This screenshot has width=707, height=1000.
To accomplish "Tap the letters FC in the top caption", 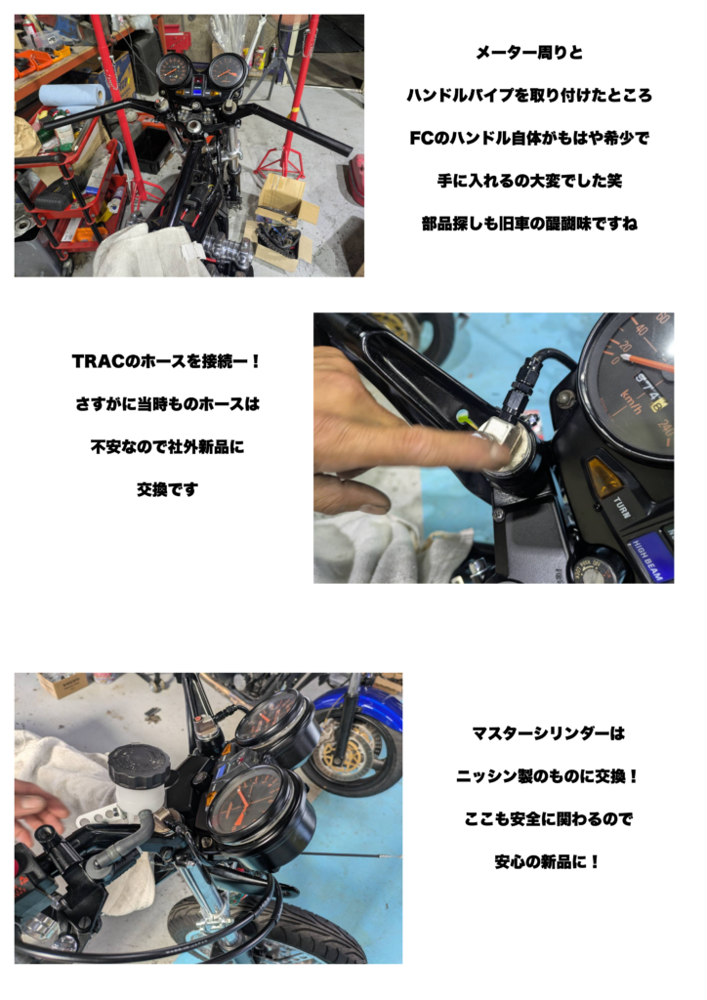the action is pos(422,138).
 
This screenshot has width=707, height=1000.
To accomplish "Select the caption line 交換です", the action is pos(167,490).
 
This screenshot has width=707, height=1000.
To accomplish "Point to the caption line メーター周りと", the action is pos(529,53).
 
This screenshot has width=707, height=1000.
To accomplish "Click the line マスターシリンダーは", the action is pos(548,733).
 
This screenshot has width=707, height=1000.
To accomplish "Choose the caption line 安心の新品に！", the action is pos(548,862).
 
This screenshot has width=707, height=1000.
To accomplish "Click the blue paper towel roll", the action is pos(71,97).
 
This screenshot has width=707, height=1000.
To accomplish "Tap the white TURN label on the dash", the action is pos(622,508).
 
